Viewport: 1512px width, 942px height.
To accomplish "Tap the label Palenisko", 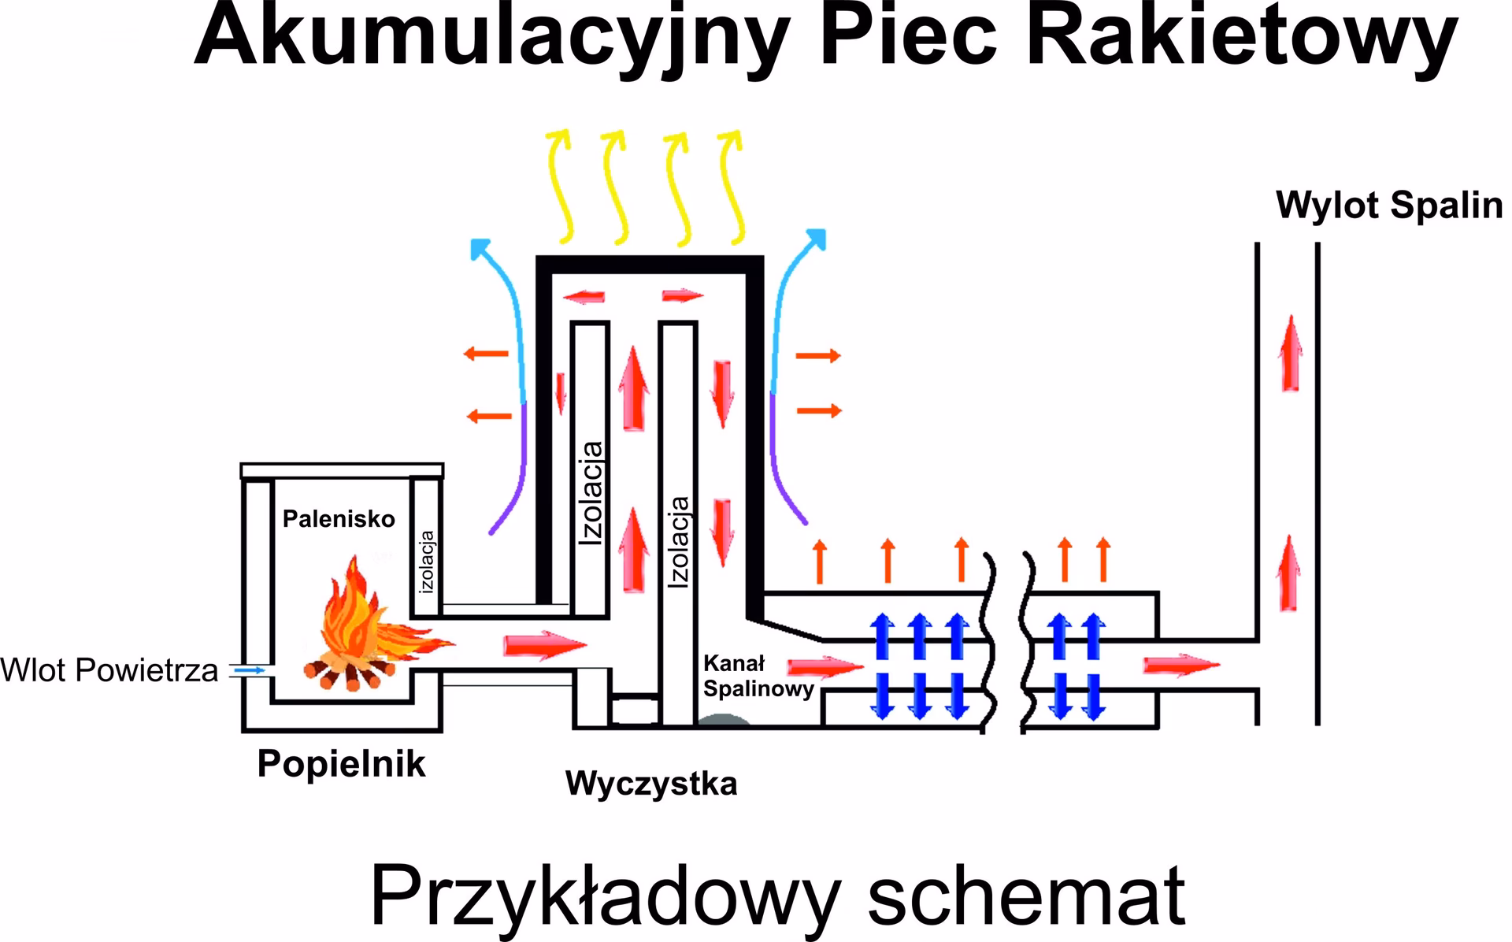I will coord(339,519).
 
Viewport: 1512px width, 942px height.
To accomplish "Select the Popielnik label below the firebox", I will coord(341,763).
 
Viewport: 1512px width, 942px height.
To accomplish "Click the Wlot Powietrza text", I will coord(109,671).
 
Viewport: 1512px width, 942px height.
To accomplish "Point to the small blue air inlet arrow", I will coord(251,670).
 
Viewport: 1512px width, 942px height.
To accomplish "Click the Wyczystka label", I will coord(651,784).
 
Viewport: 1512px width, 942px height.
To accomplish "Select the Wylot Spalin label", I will coord(1389,205).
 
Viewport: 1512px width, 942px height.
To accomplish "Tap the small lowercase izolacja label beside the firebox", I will coord(427,562).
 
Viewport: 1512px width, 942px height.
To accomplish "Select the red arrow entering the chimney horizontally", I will coord(1181,666).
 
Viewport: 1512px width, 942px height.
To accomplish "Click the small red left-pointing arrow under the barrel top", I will coord(584,297).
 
